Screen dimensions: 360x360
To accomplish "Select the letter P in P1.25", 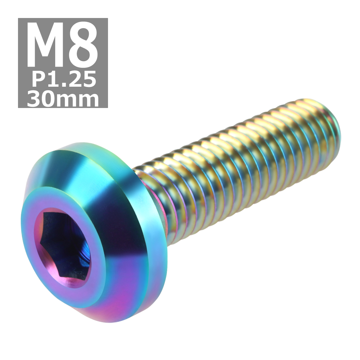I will (38, 79).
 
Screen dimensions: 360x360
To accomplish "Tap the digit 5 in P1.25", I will (89, 79).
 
